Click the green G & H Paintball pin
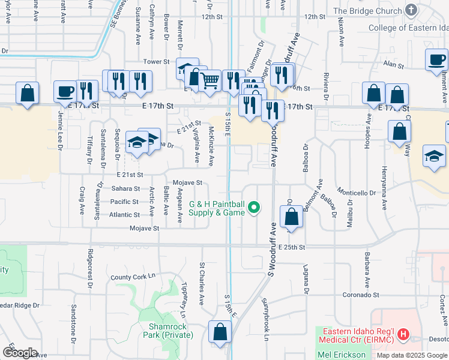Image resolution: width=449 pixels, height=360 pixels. click(255, 208)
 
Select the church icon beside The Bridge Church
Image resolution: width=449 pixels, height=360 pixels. click(411, 10)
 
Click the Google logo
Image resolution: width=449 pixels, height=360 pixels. click(20, 353)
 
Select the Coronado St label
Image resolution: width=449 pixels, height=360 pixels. click(361, 295)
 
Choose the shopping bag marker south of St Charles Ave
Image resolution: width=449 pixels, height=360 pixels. click(220, 332)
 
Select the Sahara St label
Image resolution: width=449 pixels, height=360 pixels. click(125, 188)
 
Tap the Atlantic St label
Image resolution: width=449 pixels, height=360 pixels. click(124, 215)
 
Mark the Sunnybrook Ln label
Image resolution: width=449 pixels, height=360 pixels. click(264, 319)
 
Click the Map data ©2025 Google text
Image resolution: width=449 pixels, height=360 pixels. click(411, 355)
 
